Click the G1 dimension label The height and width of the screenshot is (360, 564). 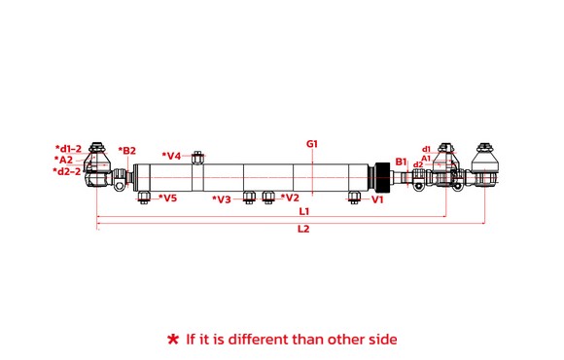coord(312,144)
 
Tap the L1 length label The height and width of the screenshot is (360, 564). coord(304,211)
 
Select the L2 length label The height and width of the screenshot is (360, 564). coord(303,229)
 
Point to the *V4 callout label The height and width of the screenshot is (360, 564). coord(171,156)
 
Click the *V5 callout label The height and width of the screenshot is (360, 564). coord(167,198)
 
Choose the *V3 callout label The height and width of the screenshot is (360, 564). coord(222,199)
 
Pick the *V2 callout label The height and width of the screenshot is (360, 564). coord(290,198)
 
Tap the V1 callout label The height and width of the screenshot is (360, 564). coord(377,199)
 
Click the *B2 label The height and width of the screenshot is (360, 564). coord(127,151)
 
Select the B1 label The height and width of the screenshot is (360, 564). coord(401,162)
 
